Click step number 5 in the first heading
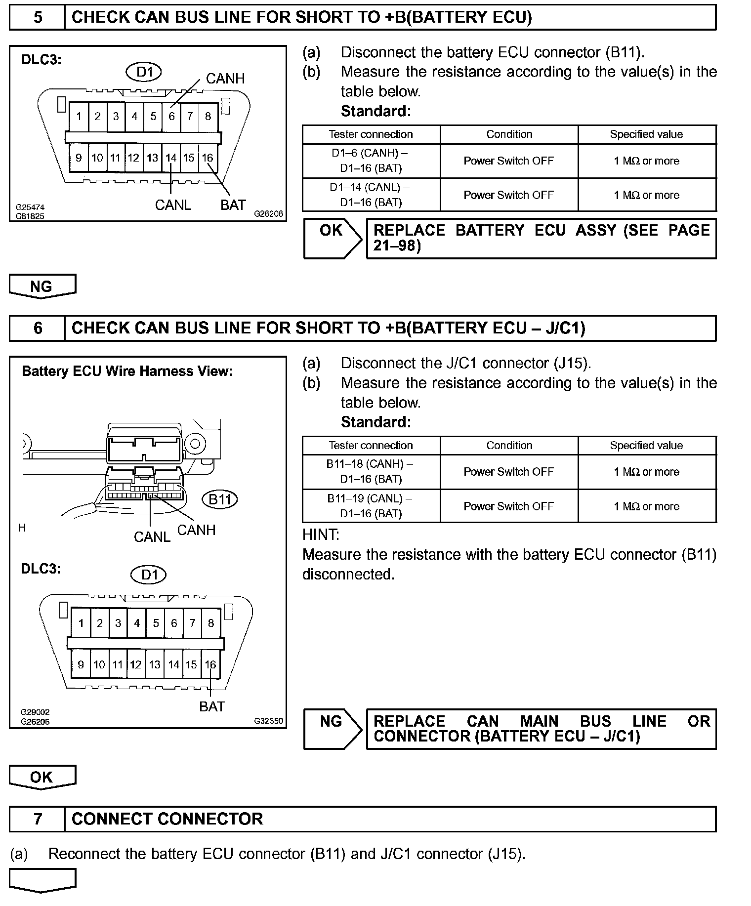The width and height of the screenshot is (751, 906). [38, 18]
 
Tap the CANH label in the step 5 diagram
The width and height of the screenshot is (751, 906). [225, 79]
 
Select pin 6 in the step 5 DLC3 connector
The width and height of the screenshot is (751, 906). [171, 117]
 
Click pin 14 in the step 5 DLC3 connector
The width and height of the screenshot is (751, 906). [171, 158]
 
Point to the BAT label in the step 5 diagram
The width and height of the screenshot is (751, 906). [233, 205]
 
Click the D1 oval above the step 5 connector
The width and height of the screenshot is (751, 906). [144, 73]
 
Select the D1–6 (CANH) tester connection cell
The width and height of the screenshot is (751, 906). [371, 161]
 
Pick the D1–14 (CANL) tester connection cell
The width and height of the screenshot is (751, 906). [371, 195]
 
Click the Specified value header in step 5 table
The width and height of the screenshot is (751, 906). [646, 134]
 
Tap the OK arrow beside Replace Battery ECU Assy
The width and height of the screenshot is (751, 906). [332, 238]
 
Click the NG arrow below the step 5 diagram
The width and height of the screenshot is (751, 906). [42, 286]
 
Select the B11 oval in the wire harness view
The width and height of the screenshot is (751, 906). [220, 499]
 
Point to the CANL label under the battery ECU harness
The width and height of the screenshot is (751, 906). [152, 537]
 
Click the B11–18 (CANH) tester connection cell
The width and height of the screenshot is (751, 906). [371, 471]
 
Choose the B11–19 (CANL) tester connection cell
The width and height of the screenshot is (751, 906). [371, 506]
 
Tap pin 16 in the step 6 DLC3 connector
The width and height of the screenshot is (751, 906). [210, 664]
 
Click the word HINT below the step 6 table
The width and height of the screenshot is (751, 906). [321, 535]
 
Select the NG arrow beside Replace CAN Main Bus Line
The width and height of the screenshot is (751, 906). [332, 729]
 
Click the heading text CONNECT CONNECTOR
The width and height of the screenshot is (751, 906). [167, 819]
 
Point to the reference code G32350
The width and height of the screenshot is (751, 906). [269, 721]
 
